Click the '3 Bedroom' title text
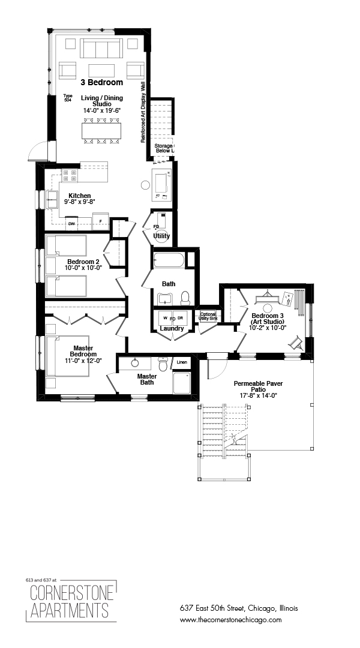101,82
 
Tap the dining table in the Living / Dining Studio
101,130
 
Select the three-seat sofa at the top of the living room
101,49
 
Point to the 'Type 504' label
68,98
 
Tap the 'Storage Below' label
164,149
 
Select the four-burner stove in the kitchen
70,175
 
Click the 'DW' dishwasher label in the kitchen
71,224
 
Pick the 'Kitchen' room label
79,196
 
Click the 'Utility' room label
161,236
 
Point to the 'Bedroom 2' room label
83,262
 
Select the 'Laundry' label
172,328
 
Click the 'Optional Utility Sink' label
208,316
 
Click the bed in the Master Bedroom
68,355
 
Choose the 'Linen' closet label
181,362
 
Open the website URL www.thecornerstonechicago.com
230,620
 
